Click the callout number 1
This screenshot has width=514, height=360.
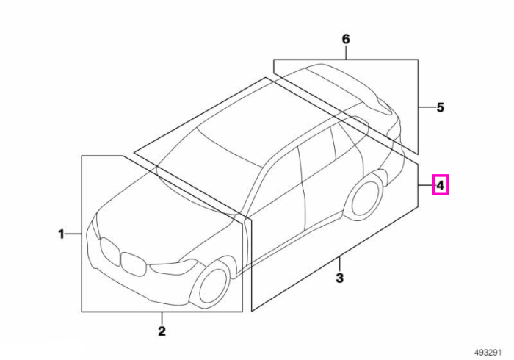tap(61, 234)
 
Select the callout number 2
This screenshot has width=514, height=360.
tap(162, 331)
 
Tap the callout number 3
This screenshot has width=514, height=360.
tap(339, 278)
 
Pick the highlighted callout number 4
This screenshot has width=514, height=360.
tap(441, 186)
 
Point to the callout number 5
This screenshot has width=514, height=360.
tap(441, 107)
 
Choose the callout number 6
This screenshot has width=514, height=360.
tap(346, 39)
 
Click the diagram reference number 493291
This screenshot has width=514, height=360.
tap(488, 353)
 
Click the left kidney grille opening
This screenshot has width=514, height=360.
tap(109, 251)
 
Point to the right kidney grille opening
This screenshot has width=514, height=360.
tap(133, 263)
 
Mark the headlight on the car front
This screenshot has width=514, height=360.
tap(173, 267)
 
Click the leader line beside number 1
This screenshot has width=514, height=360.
tap(73, 234)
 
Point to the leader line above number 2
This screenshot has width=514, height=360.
tap(162, 317)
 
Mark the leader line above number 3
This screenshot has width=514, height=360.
tap(339, 264)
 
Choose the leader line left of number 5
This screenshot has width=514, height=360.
tap(425, 107)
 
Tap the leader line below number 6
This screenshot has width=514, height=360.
tap(346, 52)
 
